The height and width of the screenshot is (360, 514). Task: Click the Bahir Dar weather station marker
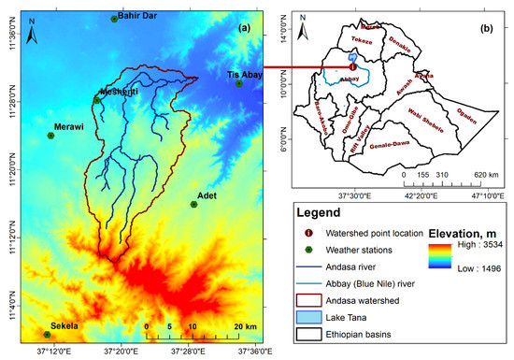(114, 18)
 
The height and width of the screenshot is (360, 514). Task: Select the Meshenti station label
(118, 90)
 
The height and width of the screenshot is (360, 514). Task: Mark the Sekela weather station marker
(47, 334)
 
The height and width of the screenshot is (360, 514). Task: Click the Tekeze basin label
(361, 41)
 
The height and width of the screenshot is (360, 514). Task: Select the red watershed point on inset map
(351, 66)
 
